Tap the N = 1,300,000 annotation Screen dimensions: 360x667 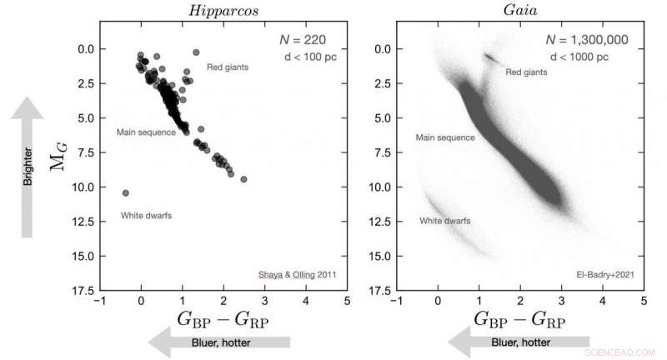pos(587,39)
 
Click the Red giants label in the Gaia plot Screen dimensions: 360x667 pos(527,72)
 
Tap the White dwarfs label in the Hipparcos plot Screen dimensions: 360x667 pos(145,216)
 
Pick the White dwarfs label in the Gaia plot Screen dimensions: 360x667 pos(444,221)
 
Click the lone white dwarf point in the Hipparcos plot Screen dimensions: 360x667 pos(125,192)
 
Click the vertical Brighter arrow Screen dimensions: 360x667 pos(28,167)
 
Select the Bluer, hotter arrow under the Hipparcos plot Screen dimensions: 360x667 pos(218,342)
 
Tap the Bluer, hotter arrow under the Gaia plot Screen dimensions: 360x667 pos(519,342)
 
